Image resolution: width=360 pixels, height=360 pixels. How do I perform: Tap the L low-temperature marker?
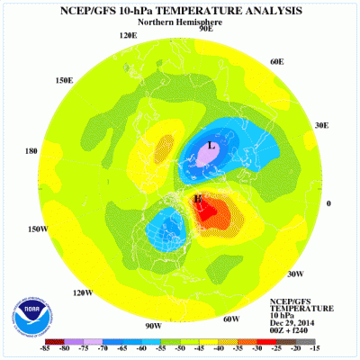(211, 146)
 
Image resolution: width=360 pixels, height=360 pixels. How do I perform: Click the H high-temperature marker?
(197, 198)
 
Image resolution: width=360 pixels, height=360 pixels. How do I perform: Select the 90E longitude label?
(205, 29)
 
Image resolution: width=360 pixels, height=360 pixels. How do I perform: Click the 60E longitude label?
(276, 61)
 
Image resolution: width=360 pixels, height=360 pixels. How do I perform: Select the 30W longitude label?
(294, 274)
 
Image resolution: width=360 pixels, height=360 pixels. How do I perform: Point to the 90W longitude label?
(152, 324)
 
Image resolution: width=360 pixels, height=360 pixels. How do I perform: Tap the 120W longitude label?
(84, 292)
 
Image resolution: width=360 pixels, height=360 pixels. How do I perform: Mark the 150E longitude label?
(63, 80)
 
